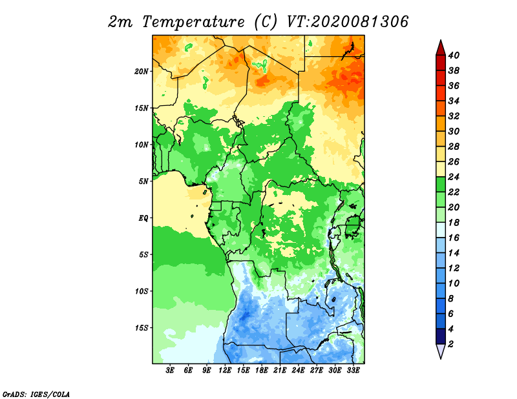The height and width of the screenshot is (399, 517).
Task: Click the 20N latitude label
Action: point(142,72)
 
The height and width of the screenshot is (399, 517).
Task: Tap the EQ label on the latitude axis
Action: point(143,218)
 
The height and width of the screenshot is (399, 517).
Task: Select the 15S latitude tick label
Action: point(142,328)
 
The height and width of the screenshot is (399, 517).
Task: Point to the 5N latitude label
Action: point(143,181)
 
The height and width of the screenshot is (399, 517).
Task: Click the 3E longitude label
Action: point(170,371)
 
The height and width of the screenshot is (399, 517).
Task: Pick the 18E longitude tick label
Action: point(262,371)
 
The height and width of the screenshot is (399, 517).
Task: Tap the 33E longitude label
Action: point(353,371)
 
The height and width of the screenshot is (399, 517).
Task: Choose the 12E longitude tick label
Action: point(225,371)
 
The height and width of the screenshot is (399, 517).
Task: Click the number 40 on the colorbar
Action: point(454,56)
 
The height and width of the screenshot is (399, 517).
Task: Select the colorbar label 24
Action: point(454,177)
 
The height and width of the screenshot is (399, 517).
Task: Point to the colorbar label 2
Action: point(450,344)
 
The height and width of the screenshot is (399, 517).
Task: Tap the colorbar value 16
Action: point(454,238)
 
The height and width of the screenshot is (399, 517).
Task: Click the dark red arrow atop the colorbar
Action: point(441,47)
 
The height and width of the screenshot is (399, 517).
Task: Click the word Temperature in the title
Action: point(193,23)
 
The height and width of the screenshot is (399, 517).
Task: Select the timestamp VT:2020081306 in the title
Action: point(348,22)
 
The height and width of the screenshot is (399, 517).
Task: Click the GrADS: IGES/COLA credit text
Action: point(36,394)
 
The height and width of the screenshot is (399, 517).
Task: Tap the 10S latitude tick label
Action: point(142,291)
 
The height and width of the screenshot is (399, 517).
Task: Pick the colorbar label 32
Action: point(454,116)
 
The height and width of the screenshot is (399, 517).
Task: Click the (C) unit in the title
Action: point(266,23)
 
